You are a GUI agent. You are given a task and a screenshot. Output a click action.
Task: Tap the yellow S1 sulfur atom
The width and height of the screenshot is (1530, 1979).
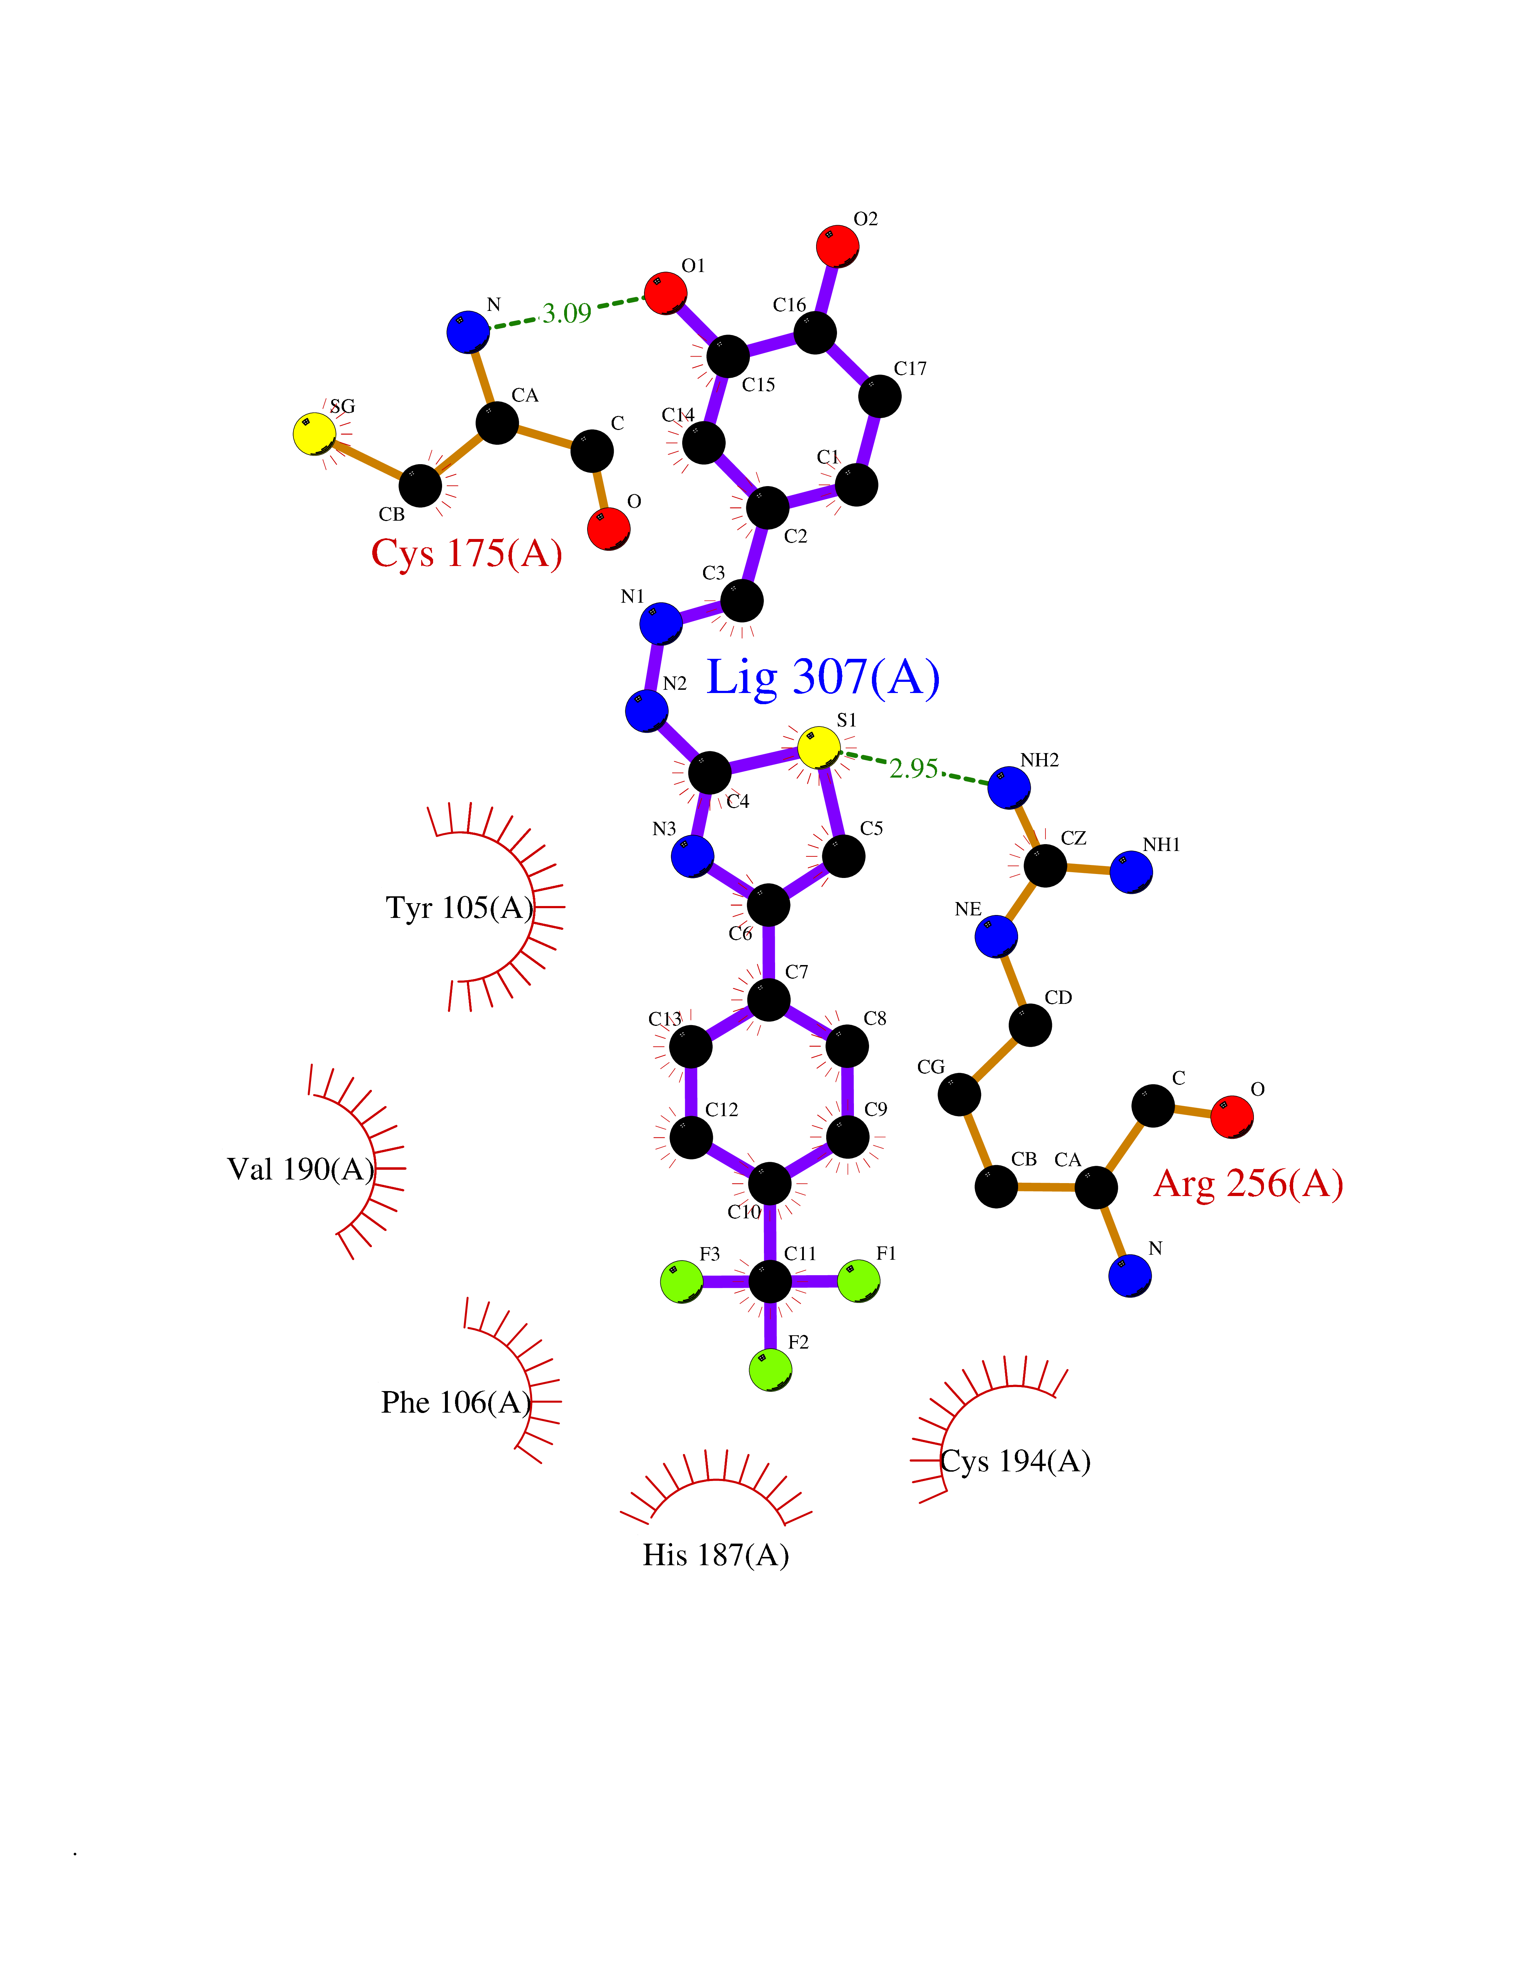click(x=819, y=748)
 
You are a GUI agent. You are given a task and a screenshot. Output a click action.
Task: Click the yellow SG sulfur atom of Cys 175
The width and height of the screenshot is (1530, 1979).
click(x=315, y=434)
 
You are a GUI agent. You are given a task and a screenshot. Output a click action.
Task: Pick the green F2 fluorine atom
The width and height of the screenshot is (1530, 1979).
click(x=770, y=1369)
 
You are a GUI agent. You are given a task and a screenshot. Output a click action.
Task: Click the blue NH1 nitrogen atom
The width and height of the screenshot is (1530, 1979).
click(x=1131, y=872)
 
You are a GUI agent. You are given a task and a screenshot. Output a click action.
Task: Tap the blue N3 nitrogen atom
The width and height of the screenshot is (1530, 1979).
click(x=693, y=855)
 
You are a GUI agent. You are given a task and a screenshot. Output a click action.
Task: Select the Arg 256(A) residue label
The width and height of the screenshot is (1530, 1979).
click(x=1248, y=1183)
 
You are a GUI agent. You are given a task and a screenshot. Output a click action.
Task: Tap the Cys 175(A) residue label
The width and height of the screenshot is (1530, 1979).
click(x=467, y=553)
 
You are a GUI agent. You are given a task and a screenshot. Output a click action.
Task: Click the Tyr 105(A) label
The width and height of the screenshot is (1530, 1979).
click(x=460, y=907)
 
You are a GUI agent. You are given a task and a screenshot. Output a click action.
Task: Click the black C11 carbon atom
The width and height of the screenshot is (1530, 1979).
click(x=770, y=1280)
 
